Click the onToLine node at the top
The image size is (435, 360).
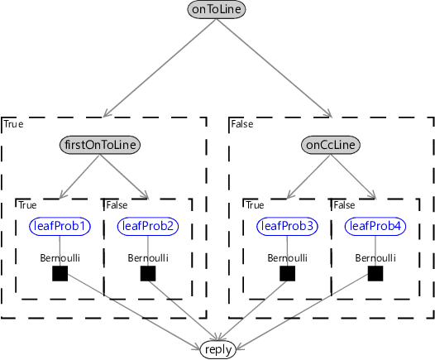pyautogui.click(x=217, y=9)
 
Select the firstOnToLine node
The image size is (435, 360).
pyautogui.click(x=100, y=145)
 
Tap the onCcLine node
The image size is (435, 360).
pyautogui.click(x=331, y=145)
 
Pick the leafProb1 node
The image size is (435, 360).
pyautogui.click(x=60, y=226)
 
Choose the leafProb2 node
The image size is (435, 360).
pyautogui.click(x=148, y=226)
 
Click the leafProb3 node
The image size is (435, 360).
pyautogui.click(x=287, y=226)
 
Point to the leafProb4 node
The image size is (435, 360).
pyautogui.click(x=375, y=226)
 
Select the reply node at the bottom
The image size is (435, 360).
pyautogui.click(x=218, y=350)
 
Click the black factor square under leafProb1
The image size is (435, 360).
pyautogui.click(x=60, y=273)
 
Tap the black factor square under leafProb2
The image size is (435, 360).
pyautogui.click(x=148, y=273)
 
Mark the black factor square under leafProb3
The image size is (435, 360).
pyautogui.click(x=287, y=273)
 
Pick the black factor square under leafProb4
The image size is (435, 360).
pyautogui.click(x=375, y=273)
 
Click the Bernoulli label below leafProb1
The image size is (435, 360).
pyautogui.click(x=60, y=258)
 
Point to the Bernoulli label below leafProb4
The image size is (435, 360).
pyautogui.click(x=375, y=258)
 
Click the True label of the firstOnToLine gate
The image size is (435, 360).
pyautogui.click(x=13, y=124)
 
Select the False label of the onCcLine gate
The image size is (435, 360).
pyautogui.click(x=242, y=124)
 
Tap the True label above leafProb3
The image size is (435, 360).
pyautogui.click(x=255, y=205)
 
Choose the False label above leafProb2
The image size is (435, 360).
pyautogui.click(x=117, y=205)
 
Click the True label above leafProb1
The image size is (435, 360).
pyautogui.click(x=27, y=205)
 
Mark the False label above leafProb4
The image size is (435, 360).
pyautogui.click(x=344, y=205)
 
